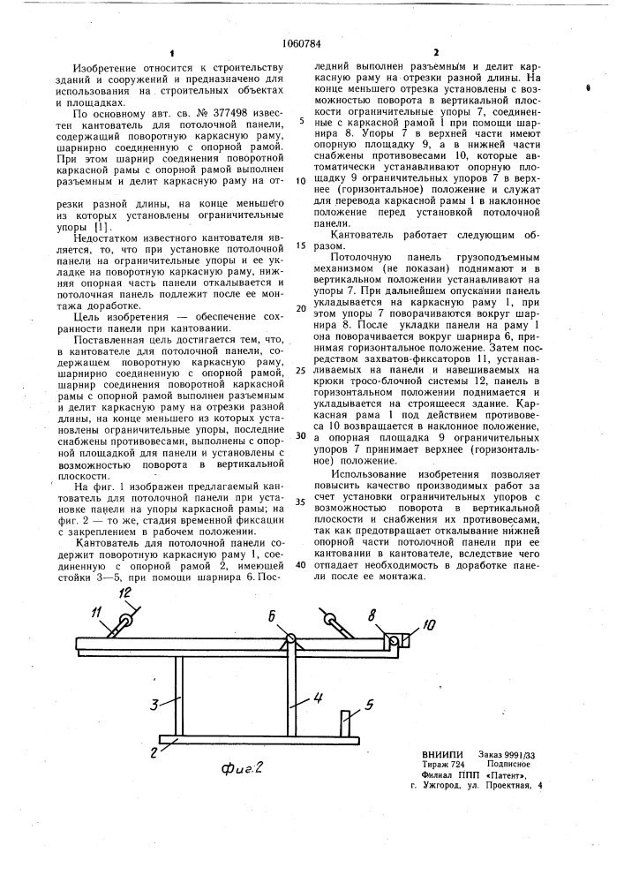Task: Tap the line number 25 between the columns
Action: pos(302,371)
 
